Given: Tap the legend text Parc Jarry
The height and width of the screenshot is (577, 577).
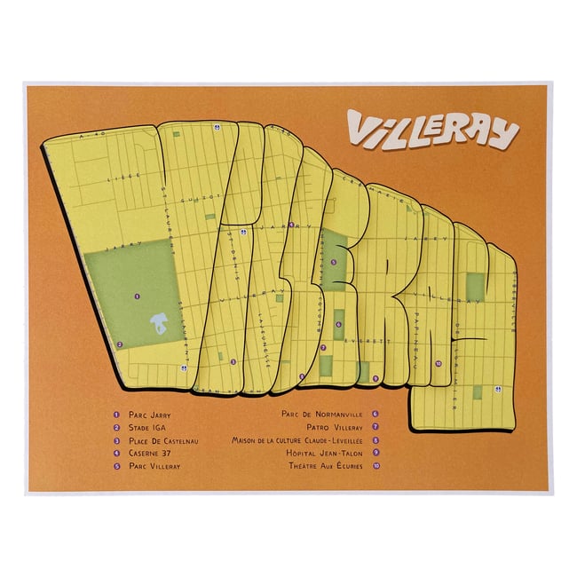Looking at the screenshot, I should pos(149,414).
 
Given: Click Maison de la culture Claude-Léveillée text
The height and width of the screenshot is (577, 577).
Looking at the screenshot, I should pos(297,439).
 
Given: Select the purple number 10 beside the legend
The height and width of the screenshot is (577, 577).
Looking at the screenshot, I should pos(376,466).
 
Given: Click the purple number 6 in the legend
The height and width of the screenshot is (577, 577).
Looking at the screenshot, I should pos(376,414).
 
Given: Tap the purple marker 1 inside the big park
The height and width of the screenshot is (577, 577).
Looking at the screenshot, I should pos(136,296).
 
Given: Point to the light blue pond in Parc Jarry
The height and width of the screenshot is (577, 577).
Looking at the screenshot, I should pos(159,325).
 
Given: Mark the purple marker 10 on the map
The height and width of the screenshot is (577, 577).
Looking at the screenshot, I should pos(438,363).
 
